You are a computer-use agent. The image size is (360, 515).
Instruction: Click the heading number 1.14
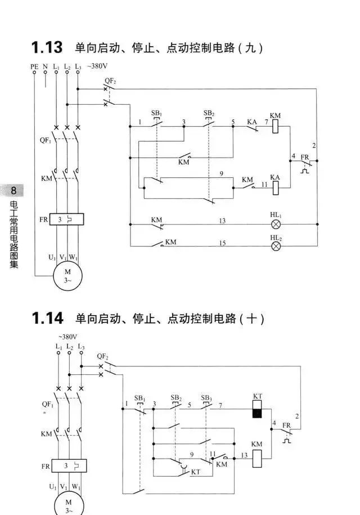point(47,319)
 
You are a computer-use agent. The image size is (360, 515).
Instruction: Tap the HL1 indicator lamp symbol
point(276,223)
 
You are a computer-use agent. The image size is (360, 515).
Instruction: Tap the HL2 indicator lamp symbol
point(276,246)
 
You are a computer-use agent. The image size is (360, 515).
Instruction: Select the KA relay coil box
point(276,187)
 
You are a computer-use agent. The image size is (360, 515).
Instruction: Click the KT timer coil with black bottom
point(258,410)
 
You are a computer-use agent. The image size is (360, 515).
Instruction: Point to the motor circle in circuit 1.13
point(67,276)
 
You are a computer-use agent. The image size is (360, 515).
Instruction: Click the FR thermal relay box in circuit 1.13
point(67,220)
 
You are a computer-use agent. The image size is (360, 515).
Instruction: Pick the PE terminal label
point(34,67)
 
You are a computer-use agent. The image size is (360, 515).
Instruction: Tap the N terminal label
point(45,67)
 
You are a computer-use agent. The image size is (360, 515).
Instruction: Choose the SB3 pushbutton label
point(206,397)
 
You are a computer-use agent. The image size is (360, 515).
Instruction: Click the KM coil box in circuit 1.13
point(276,128)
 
